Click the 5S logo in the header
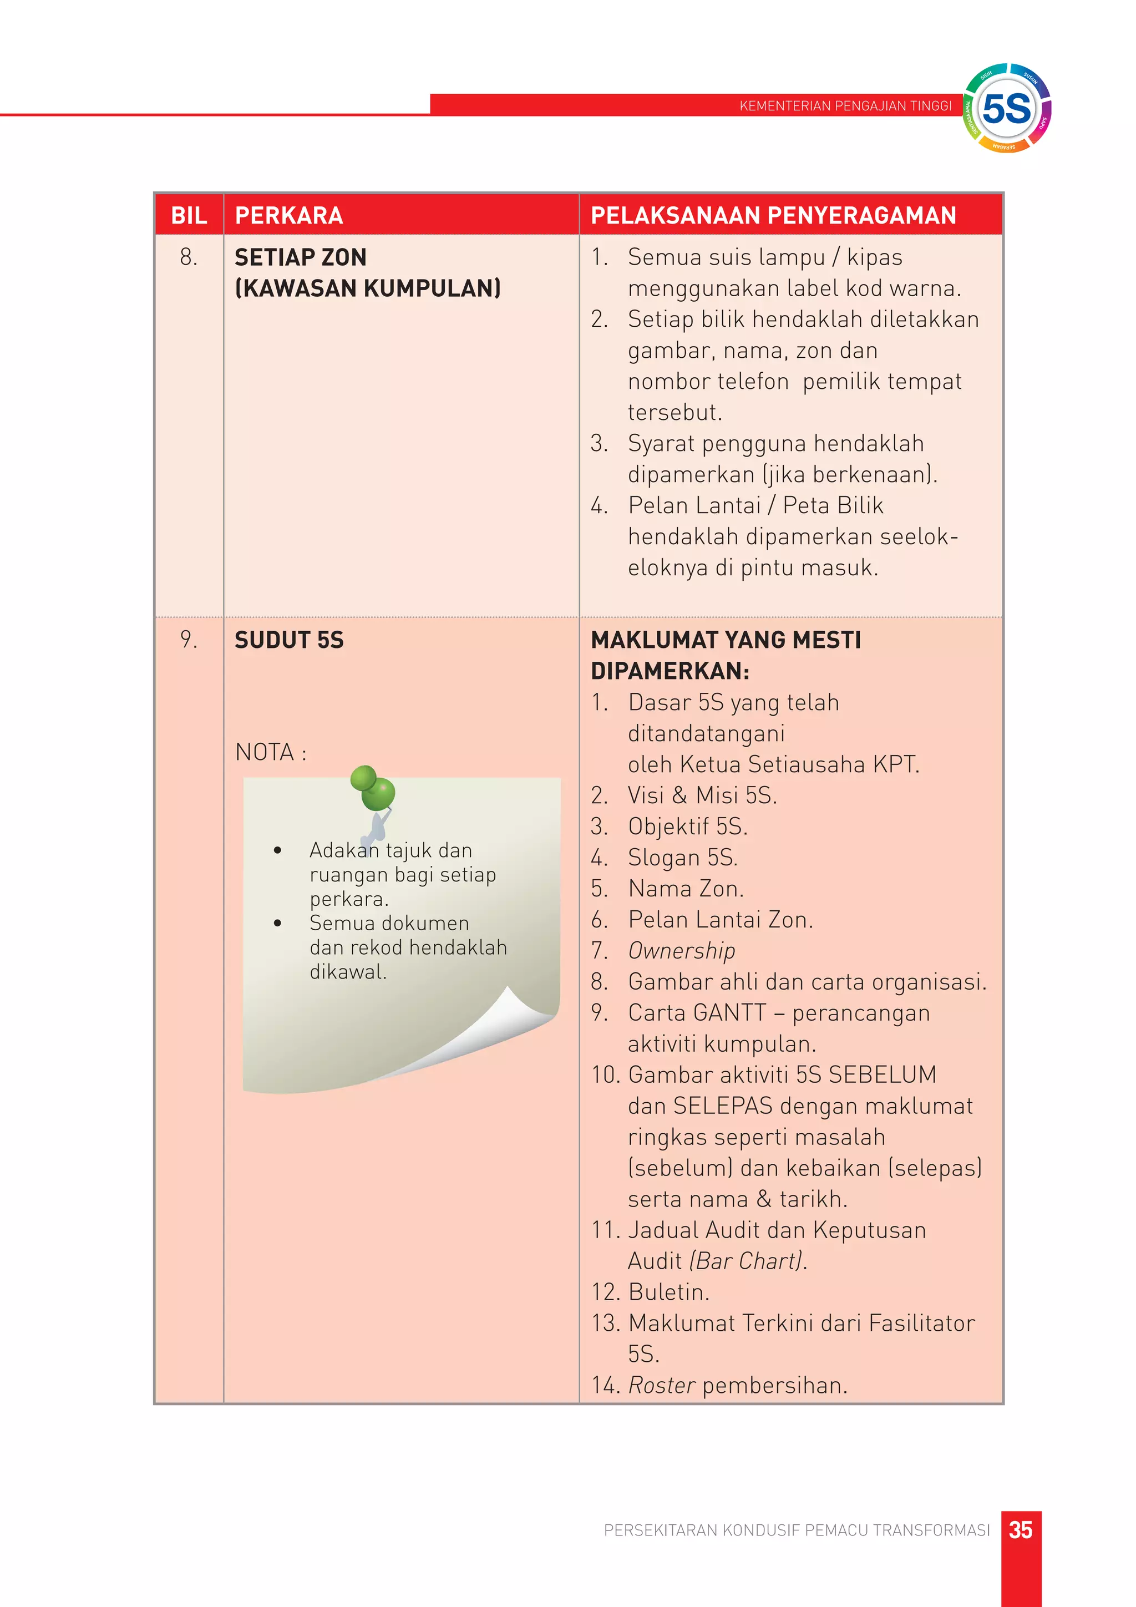point(1007,109)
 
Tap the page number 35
point(1021,1529)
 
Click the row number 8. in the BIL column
point(188,257)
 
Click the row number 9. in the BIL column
point(188,640)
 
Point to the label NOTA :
point(271,752)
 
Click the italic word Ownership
point(681,950)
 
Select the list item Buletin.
point(668,1292)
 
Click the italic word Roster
point(661,1385)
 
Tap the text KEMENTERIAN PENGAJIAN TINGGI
point(845,106)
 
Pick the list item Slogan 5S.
point(682,858)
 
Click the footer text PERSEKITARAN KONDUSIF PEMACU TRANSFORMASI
point(797,1530)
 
